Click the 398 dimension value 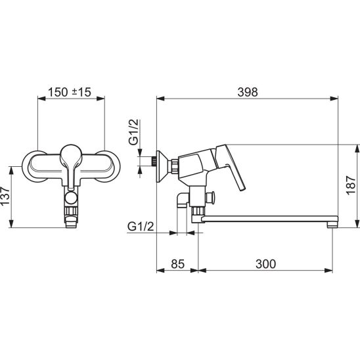[x=248, y=92]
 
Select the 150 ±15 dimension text [x=70, y=92]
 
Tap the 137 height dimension [x=5, y=196]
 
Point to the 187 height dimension [x=351, y=185]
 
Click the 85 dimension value [x=178, y=264]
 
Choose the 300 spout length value [x=265, y=264]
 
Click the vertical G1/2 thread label [x=134, y=132]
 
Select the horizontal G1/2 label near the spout [x=141, y=227]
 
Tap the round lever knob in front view [x=71, y=152]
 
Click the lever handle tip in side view [x=242, y=189]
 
